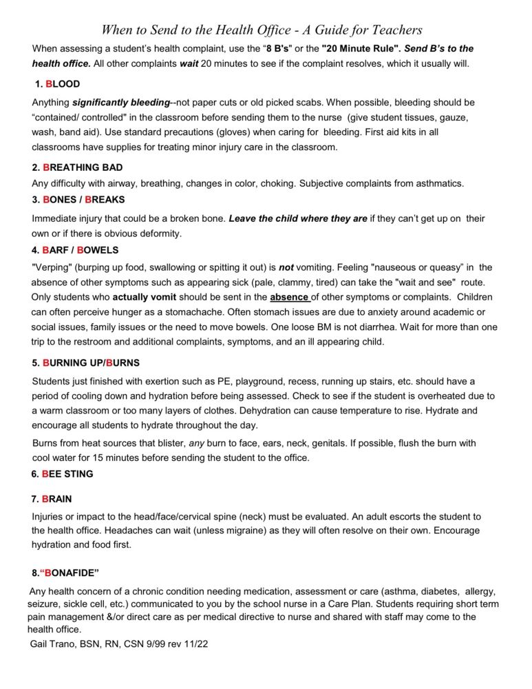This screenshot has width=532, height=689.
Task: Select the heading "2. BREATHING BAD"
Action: (x=77, y=167)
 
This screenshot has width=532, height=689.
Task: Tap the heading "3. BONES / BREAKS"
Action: (x=78, y=200)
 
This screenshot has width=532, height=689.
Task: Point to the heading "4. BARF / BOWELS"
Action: (x=75, y=250)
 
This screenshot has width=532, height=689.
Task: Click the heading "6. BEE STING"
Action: (x=63, y=474)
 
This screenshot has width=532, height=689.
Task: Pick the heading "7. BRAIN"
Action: (x=52, y=499)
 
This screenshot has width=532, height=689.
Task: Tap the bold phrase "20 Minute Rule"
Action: (x=361, y=49)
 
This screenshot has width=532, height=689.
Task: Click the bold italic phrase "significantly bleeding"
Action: (x=121, y=103)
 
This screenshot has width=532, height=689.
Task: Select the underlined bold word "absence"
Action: (x=289, y=298)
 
